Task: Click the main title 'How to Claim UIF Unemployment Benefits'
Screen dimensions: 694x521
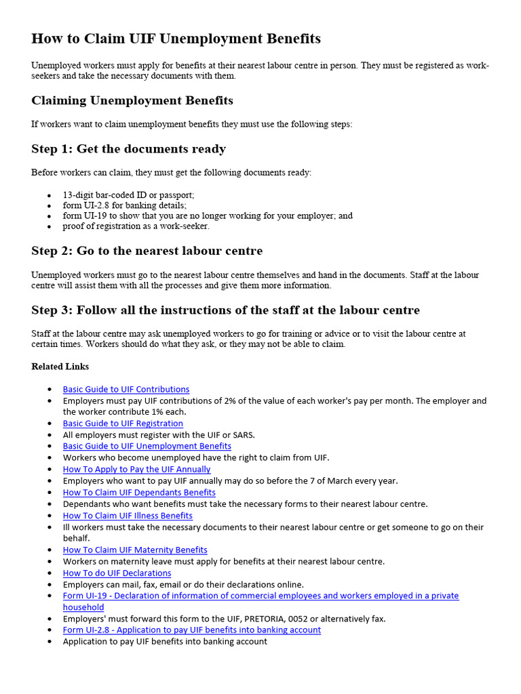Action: [176, 39]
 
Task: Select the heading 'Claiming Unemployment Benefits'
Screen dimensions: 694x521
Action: [132, 101]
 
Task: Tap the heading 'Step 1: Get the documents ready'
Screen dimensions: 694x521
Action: [128, 149]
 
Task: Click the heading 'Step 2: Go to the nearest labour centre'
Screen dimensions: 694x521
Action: [147, 251]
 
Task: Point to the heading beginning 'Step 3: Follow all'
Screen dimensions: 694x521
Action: [225, 310]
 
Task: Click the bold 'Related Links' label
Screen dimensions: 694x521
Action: [60, 367]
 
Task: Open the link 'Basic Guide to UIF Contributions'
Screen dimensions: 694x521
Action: [126, 390]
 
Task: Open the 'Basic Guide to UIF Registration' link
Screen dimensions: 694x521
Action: [123, 424]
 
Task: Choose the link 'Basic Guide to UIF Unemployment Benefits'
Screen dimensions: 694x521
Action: [147, 447]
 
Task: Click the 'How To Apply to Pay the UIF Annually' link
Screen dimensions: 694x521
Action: [136, 470]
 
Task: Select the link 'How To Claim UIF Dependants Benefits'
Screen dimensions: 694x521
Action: [139, 493]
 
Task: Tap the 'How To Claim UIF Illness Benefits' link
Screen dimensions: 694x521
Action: [128, 516]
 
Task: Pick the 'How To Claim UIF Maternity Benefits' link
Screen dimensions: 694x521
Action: [135, 550]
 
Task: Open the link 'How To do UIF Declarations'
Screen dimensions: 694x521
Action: [117, 573]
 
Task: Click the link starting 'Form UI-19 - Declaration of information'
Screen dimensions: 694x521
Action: [260, 596]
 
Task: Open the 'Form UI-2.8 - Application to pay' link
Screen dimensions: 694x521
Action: [191, 630]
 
